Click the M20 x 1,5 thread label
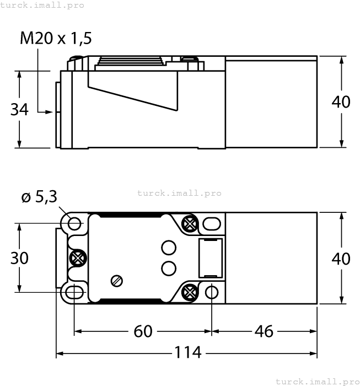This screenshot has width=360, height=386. (56, 38)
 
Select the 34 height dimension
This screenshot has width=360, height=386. (19, 109)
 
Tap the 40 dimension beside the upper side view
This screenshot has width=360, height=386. (341, 102)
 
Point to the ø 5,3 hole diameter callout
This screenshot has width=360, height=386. (39, 197)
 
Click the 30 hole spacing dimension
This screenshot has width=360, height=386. (20, 258)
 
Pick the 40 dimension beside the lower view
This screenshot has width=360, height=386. (341, 258)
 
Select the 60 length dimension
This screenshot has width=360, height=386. (143, 332)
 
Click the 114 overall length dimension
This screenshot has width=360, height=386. (187, 352)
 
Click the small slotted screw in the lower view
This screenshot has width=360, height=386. (116, 281)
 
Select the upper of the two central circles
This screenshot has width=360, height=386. (169, 248)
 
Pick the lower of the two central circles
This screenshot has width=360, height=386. (169, 268)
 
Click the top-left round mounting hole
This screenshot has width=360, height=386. (74, 223)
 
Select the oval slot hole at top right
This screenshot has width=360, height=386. (212, 223)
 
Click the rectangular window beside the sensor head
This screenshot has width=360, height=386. (210, 258)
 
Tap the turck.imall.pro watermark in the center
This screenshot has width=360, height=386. (179, 193)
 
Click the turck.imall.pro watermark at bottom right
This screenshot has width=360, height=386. (316, 381)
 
